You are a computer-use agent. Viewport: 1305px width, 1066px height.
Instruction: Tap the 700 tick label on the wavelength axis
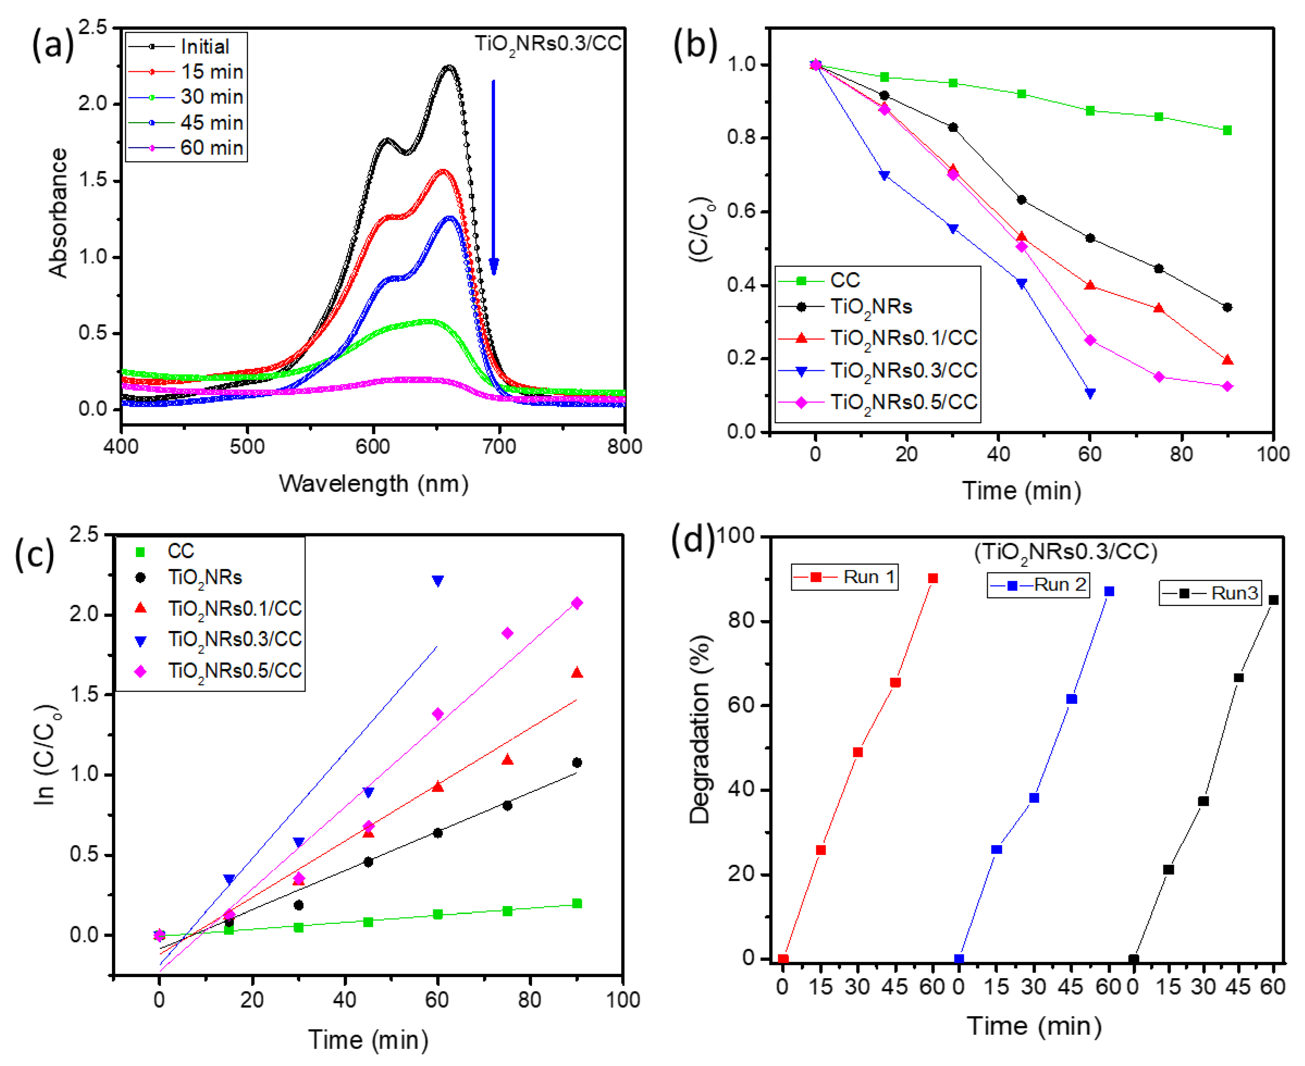pyautogui.click(x=499, y=446)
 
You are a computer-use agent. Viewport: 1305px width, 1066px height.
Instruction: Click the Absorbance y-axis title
pyautogui.click(x=58, y=213)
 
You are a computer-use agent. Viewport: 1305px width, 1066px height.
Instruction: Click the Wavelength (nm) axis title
pyautogui.click(x=373, y=484)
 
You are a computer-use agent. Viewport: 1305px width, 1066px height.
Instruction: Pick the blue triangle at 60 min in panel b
pyautogui.click(x=1090, y=394)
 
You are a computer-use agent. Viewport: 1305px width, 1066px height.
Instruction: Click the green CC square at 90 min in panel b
pyautogui.click(x=1227, y=130)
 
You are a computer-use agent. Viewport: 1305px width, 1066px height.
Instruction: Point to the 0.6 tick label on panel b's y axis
pyautogui.click(x=742, y=212)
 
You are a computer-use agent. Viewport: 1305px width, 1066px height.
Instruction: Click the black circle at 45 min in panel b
pyautogui.click(x=1021, y=199)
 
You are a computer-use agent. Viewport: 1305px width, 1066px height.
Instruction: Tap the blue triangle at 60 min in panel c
pyautogui.click(x=438, y=580)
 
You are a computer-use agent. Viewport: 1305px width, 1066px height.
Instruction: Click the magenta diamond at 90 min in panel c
pyautogui.click(x=577, y=603)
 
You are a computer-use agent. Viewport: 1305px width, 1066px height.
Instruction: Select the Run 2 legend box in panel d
pyautogui.click(x=1038, y=585)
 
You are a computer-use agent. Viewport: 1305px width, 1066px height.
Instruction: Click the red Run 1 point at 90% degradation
pyautogui.click(x=933, y=578)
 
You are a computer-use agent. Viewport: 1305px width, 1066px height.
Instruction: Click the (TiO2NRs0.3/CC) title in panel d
pyautogui.click(x=1066, y=552)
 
